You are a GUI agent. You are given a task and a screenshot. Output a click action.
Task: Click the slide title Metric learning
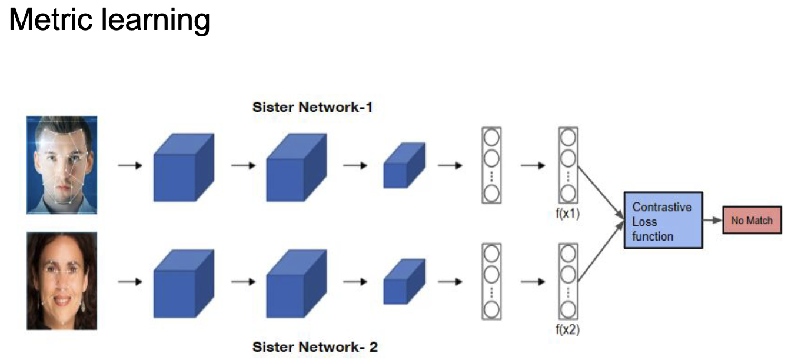(109, 20)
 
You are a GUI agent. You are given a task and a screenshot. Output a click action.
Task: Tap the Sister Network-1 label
(312, 108)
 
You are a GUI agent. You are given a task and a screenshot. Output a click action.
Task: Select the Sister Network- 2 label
(315, 347)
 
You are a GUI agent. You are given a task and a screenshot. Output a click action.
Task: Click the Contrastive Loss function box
(663, 221)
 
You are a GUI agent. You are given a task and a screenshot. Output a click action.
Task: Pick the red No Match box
(752, 221)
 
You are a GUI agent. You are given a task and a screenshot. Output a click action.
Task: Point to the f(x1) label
(567, 214)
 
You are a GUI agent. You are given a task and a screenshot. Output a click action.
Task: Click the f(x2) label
(567, 329)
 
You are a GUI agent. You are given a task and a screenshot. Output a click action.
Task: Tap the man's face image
(61, 165)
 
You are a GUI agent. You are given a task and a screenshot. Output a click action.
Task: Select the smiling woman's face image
(61, 281)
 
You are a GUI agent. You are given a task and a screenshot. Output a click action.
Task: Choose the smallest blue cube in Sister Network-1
(404, 166)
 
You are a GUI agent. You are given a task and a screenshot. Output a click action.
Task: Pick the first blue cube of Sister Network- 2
(183, 284)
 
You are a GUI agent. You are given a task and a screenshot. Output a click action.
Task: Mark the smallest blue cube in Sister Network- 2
(404, 282)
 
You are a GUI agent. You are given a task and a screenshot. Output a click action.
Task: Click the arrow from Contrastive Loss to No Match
(713, 221)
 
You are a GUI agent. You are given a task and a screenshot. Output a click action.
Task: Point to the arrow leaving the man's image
(130, 165)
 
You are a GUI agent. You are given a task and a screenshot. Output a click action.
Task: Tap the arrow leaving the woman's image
(130, 282)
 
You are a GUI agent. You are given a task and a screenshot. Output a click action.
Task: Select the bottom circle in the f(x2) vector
(567, 309)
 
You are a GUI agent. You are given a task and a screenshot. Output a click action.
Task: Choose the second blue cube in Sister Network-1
(295, 168)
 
